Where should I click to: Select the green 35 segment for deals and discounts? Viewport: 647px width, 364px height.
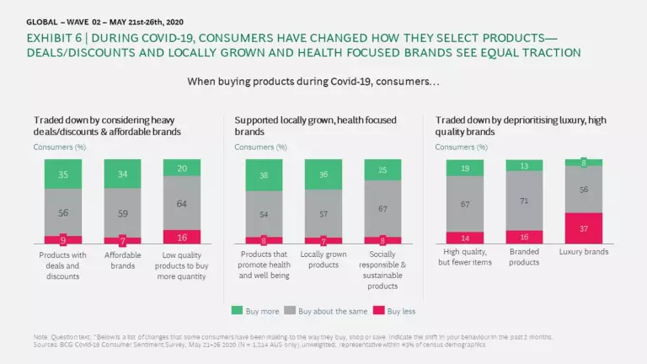64,175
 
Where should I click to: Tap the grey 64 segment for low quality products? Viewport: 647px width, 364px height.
182,202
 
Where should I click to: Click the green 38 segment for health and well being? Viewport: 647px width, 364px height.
264,176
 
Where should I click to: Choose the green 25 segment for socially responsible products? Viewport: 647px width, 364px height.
383,170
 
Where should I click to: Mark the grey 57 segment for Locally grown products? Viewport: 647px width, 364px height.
323,214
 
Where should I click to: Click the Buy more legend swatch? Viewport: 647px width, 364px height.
237,311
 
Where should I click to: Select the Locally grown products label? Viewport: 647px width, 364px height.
323,260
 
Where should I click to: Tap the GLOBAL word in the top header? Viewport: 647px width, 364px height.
43,21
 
